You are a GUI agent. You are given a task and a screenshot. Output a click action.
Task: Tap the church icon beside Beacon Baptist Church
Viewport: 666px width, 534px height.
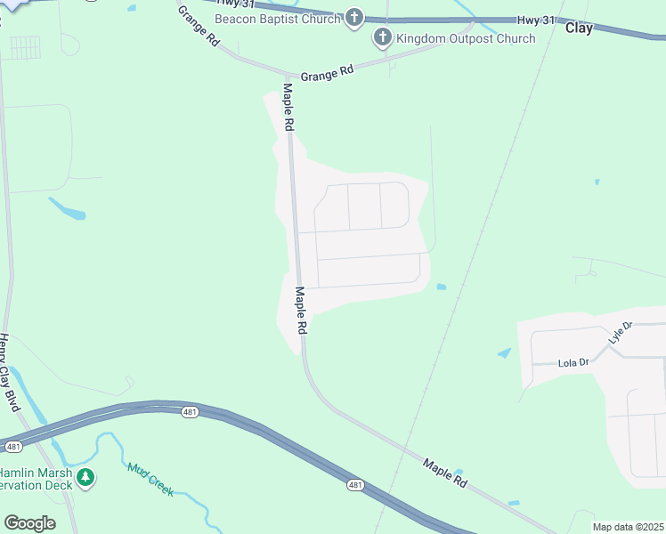[354, 18]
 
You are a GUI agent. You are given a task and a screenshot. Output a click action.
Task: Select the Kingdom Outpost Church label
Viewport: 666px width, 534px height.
[466, 38]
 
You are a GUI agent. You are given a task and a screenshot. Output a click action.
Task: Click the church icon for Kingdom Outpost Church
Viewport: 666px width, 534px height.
[383, 38]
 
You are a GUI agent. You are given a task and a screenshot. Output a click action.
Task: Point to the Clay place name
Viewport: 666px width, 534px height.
[579, 28]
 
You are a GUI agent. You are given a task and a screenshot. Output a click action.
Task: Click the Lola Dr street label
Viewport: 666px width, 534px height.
[573, 363]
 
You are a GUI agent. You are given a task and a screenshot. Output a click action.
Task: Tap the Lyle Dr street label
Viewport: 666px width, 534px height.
[620, 333]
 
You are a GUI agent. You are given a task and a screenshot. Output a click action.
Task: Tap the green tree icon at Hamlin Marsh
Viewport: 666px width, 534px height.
[85, 479]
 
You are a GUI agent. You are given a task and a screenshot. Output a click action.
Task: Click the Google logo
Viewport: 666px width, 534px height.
[29, 523]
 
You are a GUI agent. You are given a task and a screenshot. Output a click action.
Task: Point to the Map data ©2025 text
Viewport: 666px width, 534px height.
[628, 527]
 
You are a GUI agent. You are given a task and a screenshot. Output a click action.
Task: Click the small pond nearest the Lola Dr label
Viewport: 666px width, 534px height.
[505, 353]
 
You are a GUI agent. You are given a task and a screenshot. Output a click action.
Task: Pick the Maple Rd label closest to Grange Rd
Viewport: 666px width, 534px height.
[288, 108]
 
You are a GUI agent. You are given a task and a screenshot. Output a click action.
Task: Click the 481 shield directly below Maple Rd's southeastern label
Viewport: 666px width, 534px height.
[355, 485]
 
